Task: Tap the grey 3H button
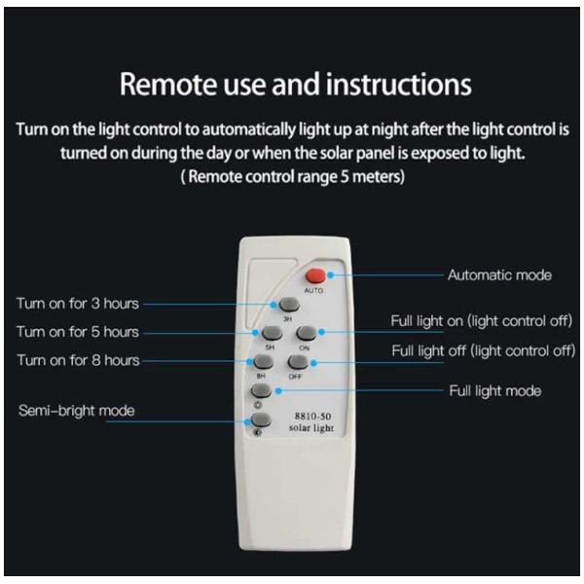click(289, 305)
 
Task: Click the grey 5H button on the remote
click(272, 333)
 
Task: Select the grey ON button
click(307, 333)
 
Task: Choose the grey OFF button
click(298, 362)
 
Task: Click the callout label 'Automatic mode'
click(499, 275)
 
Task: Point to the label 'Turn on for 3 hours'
click(78, 304)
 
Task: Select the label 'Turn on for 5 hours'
click(78, 332)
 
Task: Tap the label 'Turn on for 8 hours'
click(78, 360)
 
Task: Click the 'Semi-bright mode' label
click(77, 411)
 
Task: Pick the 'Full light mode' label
click(495, 391)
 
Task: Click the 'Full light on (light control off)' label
click(481, 320)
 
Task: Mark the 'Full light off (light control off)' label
click(484, 350)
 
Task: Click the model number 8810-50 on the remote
click(312, 416)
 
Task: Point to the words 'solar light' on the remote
click(311, 428)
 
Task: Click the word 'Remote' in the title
click(168, 85)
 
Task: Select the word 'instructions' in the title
click(399, 85)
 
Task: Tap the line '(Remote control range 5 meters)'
click(292, 176)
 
